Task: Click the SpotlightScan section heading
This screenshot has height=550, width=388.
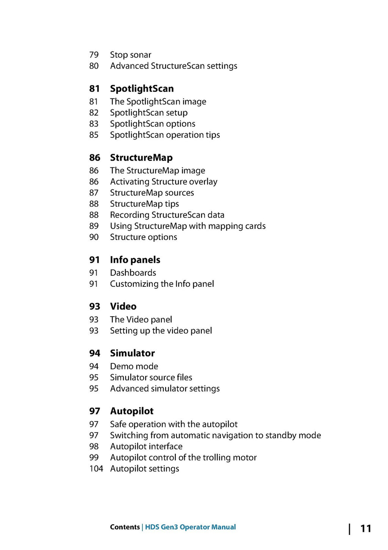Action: tap(142, 89)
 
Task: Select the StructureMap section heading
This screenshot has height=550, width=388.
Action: tap(141, 158)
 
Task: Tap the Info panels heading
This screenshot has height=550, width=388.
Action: tap(135, 260)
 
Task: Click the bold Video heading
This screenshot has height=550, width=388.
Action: tap(123, 306)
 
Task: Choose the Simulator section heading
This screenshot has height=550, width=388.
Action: tap(132, 353)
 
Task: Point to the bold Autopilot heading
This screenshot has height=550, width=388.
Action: tap(131, 411)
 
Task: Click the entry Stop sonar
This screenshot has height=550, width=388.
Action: tap(130, 55)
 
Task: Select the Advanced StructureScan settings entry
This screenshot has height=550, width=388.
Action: tap(174, 66)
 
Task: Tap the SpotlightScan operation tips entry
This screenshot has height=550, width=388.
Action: tap(165, 135)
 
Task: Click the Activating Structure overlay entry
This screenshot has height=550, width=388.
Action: tap(164, 182)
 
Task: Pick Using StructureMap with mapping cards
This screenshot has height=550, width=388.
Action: tap(188, 226)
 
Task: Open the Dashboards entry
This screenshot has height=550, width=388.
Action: tap(133, 273)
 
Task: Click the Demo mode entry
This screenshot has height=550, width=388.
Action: tap(134, 366)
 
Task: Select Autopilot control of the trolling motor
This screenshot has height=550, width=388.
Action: tap(183, 458)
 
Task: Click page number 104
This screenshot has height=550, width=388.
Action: tap(96, 469)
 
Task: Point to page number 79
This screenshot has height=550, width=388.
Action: tap(94, 55)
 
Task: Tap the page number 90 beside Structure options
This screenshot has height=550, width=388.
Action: tap(94, 237)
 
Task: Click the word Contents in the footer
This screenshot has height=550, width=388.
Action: tap(125, 527)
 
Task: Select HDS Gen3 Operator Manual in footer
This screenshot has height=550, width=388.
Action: tap(190, 527)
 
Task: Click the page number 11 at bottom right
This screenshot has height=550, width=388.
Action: tap(365, 528)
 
